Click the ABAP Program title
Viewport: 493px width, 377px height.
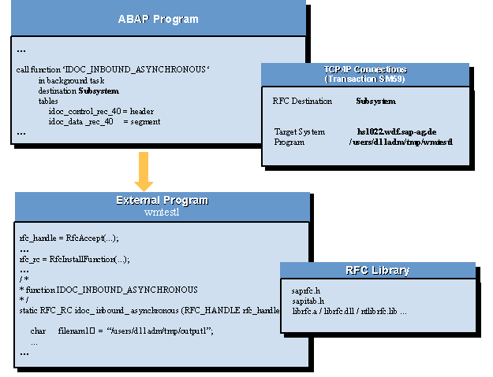point(158,18)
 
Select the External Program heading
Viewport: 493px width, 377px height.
point(162,201)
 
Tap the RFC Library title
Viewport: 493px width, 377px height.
point(378,270)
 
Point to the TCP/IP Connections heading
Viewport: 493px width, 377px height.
point(364,69)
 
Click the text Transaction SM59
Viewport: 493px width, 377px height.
point(364,79)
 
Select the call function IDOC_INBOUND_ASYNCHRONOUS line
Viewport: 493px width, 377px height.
point(114,70)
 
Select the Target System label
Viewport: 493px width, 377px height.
point(300,131)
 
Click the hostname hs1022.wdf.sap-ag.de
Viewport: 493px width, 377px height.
point(396,131)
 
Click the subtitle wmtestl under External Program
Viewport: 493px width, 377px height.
point(162,212)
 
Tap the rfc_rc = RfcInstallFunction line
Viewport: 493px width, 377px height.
point(74,258)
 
